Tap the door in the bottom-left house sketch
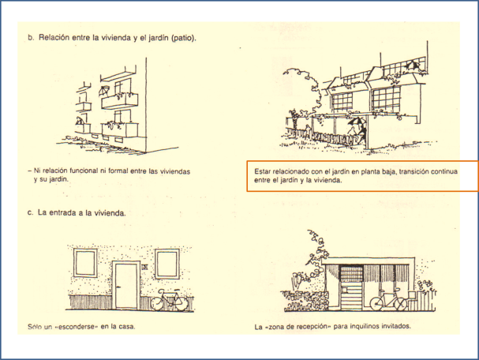click(125, 285)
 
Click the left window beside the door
click(84, 262)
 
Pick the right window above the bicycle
click(167, 262)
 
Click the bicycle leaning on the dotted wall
click(170, 301)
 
